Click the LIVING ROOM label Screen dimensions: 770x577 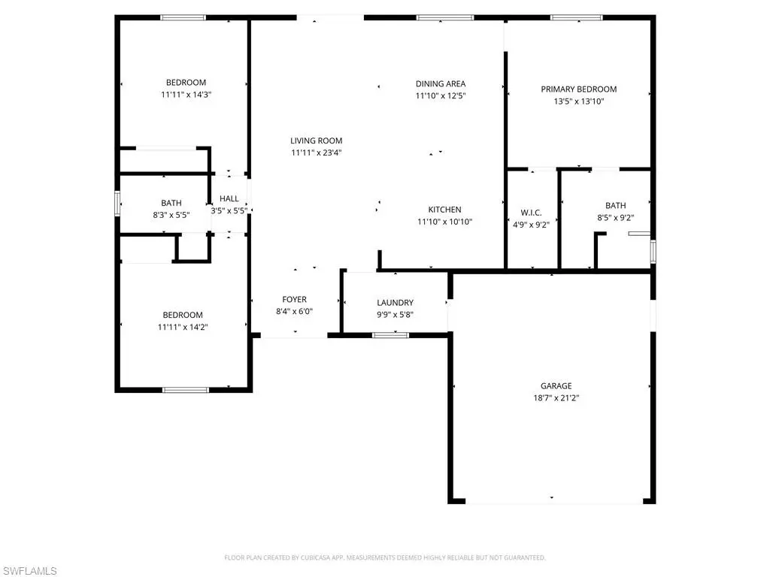coord(317,140)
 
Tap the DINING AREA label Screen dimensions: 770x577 coord(441,84)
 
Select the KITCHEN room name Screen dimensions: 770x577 coord(444,210)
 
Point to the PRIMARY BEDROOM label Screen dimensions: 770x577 coord(578,89)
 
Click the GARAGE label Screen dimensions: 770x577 coord(556,386)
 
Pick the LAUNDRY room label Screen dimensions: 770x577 coord(395,303)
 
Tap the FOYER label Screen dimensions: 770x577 coord(294,299)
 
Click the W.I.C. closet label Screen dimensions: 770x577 coord(531,213)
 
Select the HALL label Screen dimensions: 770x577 coord(229,198)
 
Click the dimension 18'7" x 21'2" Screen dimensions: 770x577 coord(556,398)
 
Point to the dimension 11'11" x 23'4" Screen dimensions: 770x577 coord(317,153)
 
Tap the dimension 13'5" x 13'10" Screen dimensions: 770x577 coord(578,101)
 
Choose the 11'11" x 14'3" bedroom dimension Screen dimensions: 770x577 coord(186,95)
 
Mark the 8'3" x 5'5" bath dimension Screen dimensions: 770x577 coord(171,215)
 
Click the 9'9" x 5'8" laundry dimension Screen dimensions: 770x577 coord(395,315)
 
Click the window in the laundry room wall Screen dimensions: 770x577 coord(390,336)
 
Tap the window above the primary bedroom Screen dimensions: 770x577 coord(576,18)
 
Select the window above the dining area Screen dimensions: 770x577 coord(445,18)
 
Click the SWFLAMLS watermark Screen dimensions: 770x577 coord(29,571)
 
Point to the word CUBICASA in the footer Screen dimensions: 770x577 coord(314,558)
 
